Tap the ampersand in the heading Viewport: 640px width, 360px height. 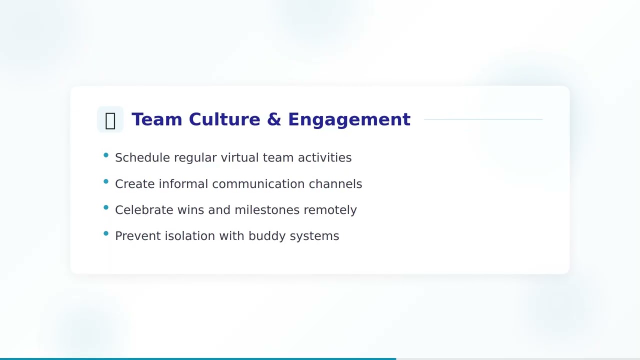click(x=274, y=119)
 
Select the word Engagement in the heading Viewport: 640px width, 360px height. click(x=349, y=120)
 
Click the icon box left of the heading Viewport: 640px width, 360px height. click(x=110, y=120)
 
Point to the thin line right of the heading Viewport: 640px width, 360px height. click(x=483, y=120)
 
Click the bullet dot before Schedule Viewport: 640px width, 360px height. click(x=106, y=155)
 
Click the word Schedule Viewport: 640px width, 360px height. click(x=142, y=158)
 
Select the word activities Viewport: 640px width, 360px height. click(x=324, y=158)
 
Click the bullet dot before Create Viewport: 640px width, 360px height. click(x=106, y=181)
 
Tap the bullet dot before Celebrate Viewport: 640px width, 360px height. click(x=106, y=207)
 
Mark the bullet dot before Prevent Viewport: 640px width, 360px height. click(x=106, y=233)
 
